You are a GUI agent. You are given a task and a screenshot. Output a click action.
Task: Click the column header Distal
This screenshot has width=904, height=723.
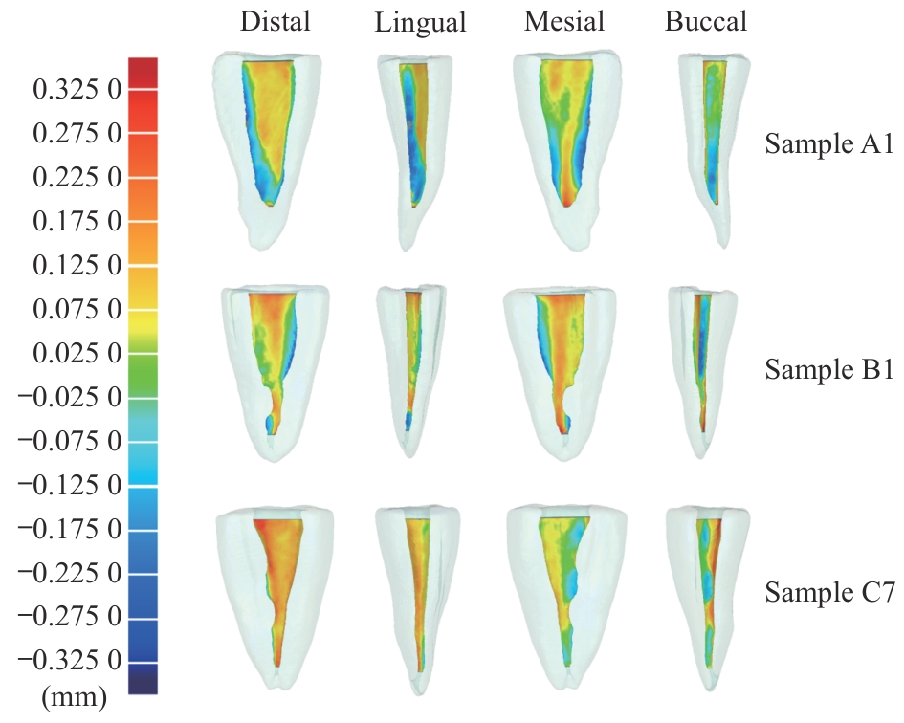pos(276,22)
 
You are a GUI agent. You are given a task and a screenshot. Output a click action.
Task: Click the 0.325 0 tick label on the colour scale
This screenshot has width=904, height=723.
pos(77,90)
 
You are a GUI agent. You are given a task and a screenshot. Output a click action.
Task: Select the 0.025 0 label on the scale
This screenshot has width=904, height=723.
pos(77,354)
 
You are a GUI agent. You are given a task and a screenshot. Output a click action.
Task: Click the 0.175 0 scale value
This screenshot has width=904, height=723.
pos(77,222)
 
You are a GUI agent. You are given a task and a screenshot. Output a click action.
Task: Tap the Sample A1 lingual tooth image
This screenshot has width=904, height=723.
pos(414,143)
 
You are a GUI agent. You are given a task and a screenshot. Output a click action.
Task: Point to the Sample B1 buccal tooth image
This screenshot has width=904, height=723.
pos(703,368)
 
